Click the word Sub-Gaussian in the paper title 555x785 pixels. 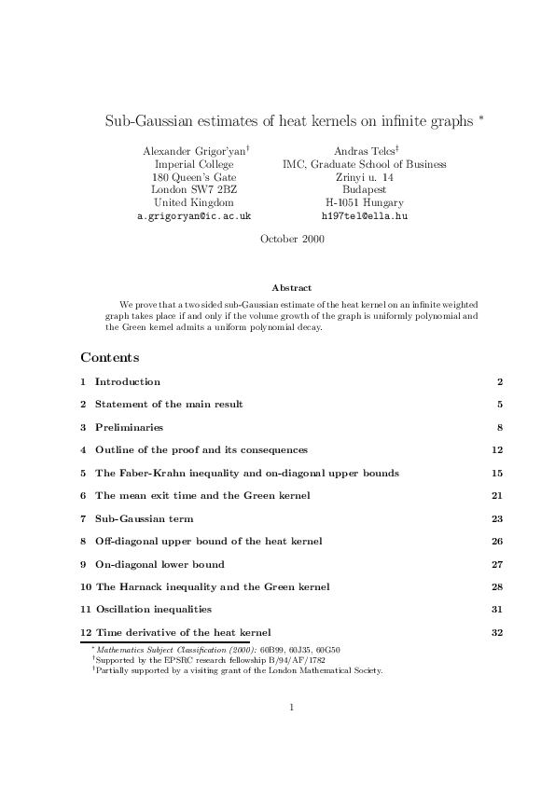(x=145, y=121)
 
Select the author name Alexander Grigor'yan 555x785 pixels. (x=193, y=151)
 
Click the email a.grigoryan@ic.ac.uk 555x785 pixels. (x=194, y=215)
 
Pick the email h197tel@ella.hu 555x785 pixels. (x=364, y=215)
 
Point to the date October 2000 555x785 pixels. (x=291, y=239)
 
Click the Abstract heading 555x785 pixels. (x=291, y=288)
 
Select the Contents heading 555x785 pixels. (x=110, y=357)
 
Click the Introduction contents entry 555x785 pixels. (x=128, y=381)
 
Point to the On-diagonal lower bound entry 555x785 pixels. (x=160, y=564)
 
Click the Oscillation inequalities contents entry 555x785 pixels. (x=153, y=610)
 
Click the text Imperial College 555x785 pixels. (x=194, y=164)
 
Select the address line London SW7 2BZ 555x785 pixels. (x=194, y=189)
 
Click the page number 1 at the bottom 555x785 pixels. (x=292, y=708)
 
